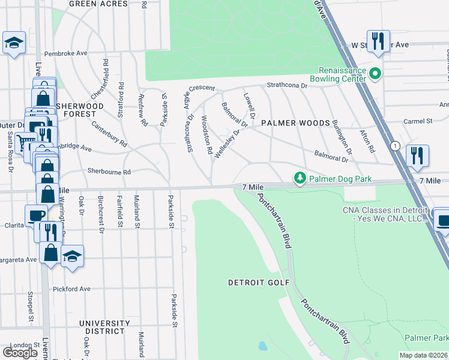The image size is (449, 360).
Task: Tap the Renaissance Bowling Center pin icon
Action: pyautogui.click(x=376, y=74)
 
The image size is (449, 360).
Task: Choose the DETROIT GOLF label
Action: pyautogui.click(x=259, y=282)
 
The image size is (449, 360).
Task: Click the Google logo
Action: pyautogui.click(x=20, y=352)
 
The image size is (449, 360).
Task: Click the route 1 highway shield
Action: pyautogui.click(x=395, y=146)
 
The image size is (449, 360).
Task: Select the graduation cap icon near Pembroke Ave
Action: pyautogui.click(x=14, y=43)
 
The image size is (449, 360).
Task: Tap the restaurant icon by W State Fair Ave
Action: pyautogui.click(x=378, y=41)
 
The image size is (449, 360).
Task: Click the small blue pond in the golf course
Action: pyautogui.click(x=262, y=346)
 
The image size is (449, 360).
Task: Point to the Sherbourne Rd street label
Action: pyautogui.click(x=109, y=172)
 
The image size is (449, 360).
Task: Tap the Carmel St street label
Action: pyautogui.click(x=418, y=121)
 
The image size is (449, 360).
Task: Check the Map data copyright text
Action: pyautogui.click(x=424, y=355)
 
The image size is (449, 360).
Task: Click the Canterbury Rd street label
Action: pyautogui.click(x=109, y=135)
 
